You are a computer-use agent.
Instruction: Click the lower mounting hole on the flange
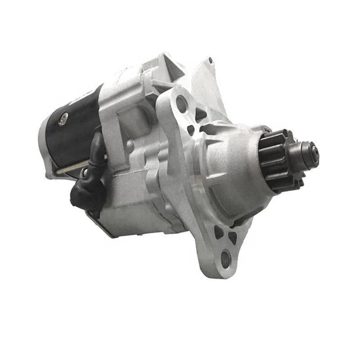[x=225, y=258]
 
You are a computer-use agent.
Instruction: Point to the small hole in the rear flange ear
[x=210, y=60]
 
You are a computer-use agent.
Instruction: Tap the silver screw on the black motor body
[x=64, y=118]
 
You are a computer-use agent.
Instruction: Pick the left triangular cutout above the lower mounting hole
[x=218, y=232]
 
